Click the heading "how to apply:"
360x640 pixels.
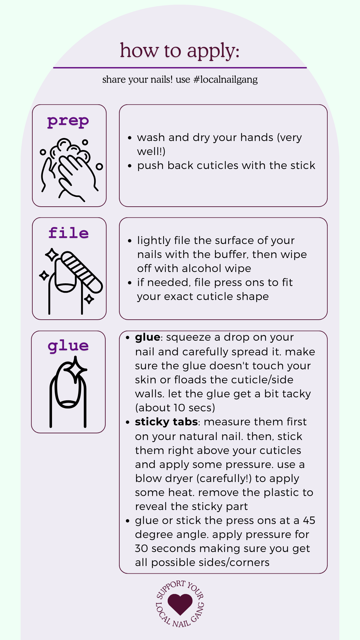click(x=180, y=51)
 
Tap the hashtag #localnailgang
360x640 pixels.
click(x=225, y=80)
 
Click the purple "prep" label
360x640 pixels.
click(x=68, y=121)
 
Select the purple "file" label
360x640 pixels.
click(x=69, y=233)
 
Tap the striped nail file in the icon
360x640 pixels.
click(x=82, y=272)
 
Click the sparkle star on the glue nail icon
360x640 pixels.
click(x=75, y=369)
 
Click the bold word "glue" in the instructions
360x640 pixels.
click(x=148, y=338)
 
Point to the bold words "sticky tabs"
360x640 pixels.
click(x=166, y=422)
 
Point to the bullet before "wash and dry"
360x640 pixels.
click(x=130, y=138)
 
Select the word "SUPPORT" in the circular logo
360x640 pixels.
click(x=170, y=590)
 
